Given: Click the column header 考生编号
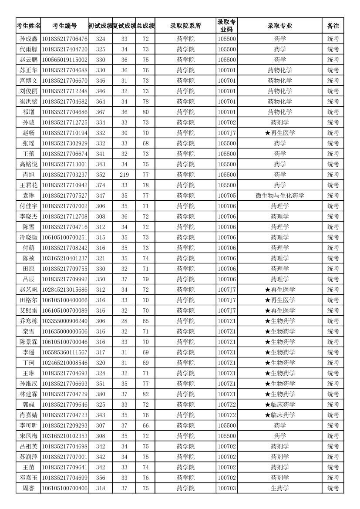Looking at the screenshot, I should (x=64, y=26).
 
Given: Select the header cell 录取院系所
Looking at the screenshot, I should (x=185, y=26).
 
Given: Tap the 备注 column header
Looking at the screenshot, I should (x=333, y=26).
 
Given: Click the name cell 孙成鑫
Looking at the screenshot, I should (x=29, y=39).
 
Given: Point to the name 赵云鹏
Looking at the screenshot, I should (x=29, y=60).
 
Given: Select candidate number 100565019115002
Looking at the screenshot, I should (x=64, y=60).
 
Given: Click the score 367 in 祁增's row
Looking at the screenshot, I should (x=101, y=112).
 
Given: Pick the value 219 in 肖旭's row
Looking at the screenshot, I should (x=124, y=175).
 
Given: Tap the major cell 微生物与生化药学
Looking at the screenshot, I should (x=280, y=196).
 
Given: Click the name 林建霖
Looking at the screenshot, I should (x=29, y=394).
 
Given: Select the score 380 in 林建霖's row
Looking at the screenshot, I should (x=101, y=394).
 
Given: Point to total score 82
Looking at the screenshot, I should (x=145, y=394).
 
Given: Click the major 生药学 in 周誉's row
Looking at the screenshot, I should (x=280, y=488).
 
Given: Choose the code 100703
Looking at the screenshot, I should (x=227, y=488).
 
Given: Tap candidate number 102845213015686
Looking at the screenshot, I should (x=64, y=290).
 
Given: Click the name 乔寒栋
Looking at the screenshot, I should (x=29, y=321).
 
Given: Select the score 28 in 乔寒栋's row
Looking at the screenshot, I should (x=124, y=321).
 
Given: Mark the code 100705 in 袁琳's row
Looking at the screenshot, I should (x=227, y=196).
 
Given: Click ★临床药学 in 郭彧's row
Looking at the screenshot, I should (x=280, y=405).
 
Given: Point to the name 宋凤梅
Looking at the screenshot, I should (x=29, y=436).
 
